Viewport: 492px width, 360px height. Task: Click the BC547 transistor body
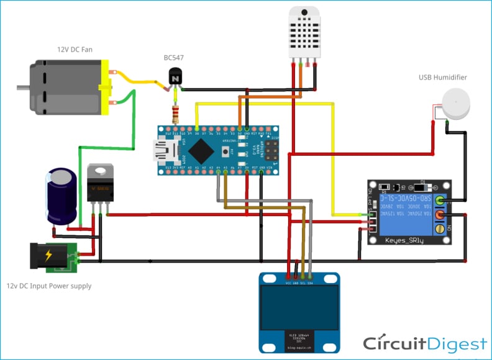[x=176, y=78]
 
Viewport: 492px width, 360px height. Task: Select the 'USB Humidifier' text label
[x=443, y=78]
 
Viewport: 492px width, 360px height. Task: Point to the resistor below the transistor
[x=176, y=114]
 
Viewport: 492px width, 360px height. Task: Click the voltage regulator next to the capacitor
[x=100, y=184]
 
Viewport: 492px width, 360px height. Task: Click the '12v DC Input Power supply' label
[x=49, y=286]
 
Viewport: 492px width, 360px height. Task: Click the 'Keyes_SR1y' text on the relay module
[x=404, y=240]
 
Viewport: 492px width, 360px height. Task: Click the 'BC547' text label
[x=173, y=58]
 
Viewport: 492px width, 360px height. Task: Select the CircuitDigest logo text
[x=425, y=344]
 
